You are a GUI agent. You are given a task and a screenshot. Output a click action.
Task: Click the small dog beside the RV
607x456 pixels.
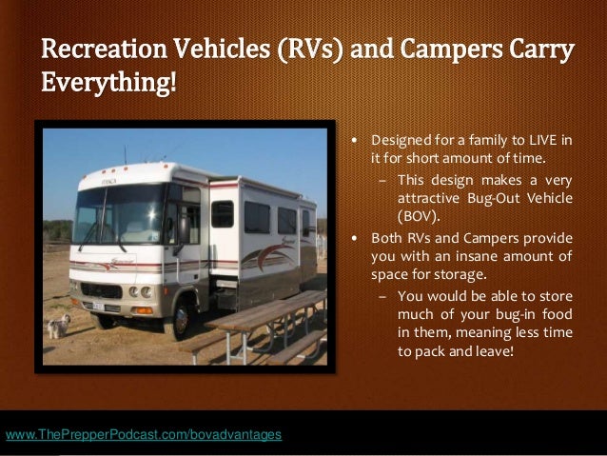[x=59, y=327]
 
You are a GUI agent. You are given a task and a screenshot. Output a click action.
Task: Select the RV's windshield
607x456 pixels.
[x=118, y=213]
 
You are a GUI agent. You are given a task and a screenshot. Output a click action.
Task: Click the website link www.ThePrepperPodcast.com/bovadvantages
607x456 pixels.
[x=144, y=435]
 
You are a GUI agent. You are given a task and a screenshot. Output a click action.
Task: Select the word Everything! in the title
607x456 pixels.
[x=108, y=83]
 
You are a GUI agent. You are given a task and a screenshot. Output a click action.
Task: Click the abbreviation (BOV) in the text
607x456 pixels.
[x=415, y=215]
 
